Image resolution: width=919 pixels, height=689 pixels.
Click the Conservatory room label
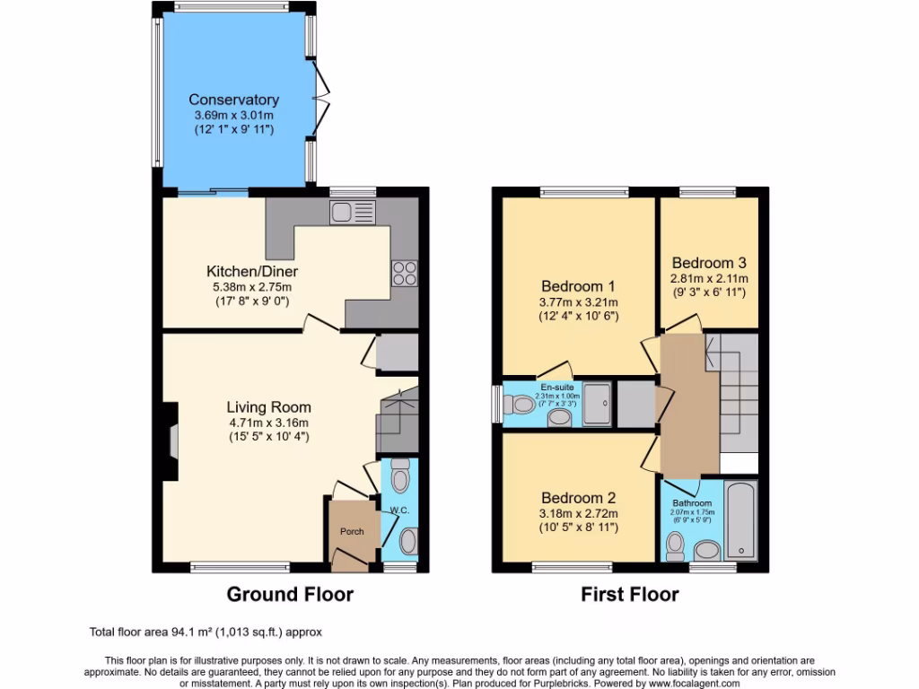[233, 100]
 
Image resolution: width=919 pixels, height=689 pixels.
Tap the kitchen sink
[352, 213]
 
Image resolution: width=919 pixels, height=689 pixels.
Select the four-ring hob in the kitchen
[403, 273]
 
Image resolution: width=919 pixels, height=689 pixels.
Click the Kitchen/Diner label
[252, 271]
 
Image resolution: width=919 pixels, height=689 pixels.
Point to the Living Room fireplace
[171, 441]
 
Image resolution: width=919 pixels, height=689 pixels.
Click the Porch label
[352, 531]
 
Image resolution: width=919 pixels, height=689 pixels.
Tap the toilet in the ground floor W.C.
[400, 475]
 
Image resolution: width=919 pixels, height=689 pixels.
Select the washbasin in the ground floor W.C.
[407, 541]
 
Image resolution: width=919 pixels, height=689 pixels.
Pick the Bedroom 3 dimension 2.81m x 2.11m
[710, 279]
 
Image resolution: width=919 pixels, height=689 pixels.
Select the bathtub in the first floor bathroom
[740, 521]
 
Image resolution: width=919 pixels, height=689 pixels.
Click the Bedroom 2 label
[578, 498]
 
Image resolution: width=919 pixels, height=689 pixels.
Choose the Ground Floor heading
[290, 594]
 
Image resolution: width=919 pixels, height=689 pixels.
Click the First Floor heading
[629, 594]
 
